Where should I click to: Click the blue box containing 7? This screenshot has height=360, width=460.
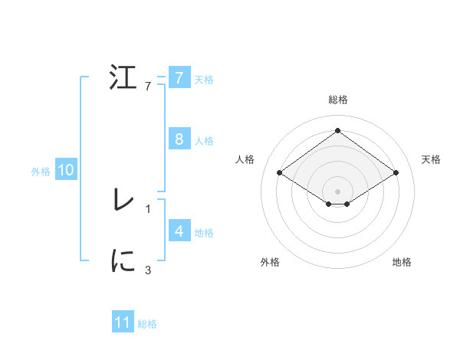point(179,78)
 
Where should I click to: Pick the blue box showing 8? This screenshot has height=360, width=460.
point(179,139)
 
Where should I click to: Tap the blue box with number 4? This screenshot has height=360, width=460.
point(179,231)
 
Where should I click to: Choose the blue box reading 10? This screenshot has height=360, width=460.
point(66,170)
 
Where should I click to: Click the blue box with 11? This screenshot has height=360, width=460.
point(123,323)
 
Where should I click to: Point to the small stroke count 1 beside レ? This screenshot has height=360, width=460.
point(148,208)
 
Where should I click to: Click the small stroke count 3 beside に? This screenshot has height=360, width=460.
point(148,269)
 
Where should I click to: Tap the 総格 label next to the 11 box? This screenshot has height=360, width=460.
point(147,324)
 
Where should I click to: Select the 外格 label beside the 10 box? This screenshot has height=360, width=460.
point(41,172)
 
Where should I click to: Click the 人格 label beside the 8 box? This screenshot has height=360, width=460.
point(204,141)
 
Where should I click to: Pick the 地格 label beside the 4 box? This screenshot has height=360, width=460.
point(204,233)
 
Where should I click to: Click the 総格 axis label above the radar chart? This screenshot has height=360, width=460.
point(337,100)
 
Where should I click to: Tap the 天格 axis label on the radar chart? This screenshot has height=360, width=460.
point(431,159)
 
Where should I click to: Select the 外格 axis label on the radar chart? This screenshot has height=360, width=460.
point(269,262)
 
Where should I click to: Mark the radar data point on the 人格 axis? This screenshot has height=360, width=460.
point(280,173)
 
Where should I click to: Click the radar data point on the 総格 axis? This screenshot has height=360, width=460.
point(337,130)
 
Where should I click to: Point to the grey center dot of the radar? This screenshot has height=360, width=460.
point(337,190)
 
